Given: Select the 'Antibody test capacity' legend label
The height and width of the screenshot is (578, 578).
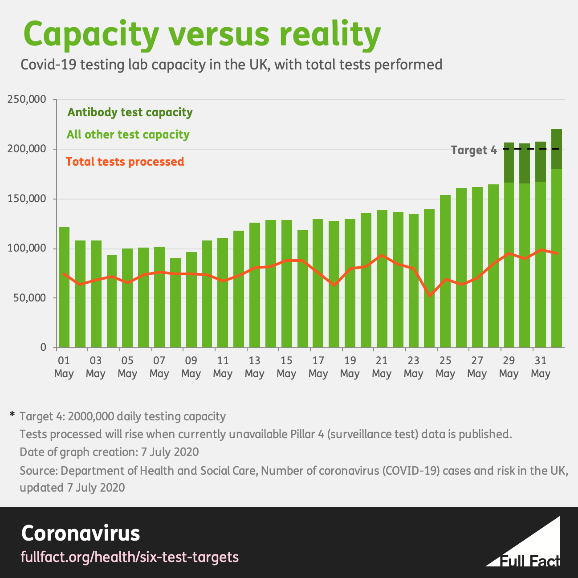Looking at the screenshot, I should (x=130, y=112).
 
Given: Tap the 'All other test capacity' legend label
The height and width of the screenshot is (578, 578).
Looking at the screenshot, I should (x=128, y=134).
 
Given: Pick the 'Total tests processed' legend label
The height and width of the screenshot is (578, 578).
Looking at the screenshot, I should (x=125, y=161).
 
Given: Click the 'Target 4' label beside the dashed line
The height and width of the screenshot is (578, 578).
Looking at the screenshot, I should (x=473, y=150).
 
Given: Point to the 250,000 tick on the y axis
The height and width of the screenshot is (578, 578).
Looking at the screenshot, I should (x=27, y=99).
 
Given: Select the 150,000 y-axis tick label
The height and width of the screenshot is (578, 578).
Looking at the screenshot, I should (x=27, y=199).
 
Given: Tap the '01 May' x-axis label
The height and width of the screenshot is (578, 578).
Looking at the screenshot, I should (x=64, y=367).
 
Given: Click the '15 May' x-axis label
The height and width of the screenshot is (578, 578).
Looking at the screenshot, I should (x=286, y=367).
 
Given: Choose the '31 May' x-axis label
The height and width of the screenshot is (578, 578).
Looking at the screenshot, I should (x=541, y=367).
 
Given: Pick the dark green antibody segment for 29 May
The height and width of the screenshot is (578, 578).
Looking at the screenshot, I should (x=509, y=163).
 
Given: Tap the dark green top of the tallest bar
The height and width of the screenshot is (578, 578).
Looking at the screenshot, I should (x=557, y=149).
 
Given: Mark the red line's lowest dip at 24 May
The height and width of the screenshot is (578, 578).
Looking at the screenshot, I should (x=429, y=295).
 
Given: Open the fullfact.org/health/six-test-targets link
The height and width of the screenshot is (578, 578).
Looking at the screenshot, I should (x=130, y=557).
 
